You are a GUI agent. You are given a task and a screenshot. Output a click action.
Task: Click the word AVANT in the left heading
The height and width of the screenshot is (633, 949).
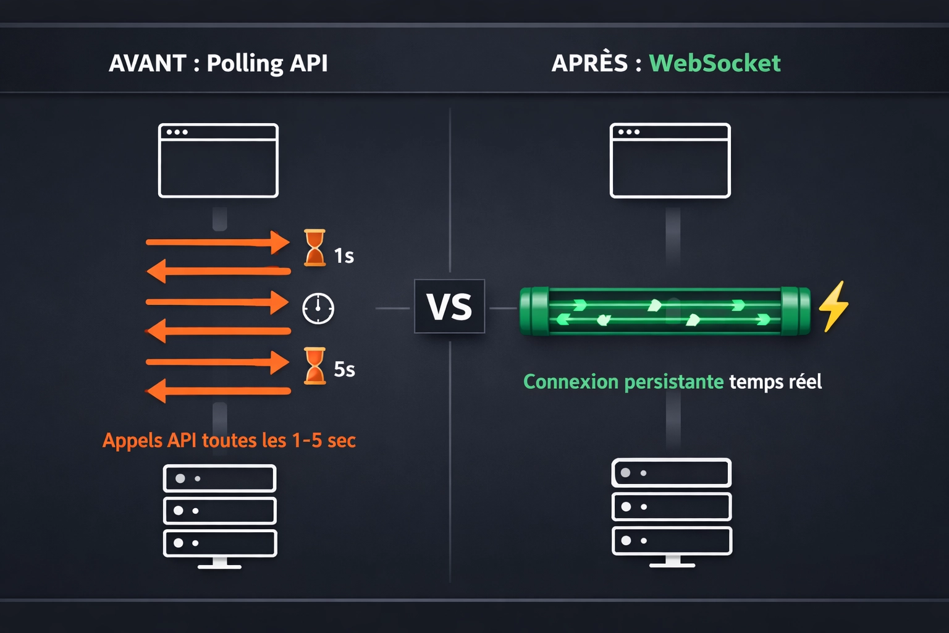tap(147, 63)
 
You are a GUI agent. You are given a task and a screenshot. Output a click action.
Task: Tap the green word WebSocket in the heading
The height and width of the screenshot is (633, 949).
tap(715, 63)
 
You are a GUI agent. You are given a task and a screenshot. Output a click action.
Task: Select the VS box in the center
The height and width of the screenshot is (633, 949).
tap(449, 307)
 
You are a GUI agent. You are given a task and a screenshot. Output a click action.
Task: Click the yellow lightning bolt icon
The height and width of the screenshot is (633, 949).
tap(833, 307)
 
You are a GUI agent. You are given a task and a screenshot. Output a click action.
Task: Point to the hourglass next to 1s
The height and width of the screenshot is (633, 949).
tap(314, 248)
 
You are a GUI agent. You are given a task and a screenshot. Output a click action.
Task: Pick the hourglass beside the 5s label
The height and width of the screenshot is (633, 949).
tap(314, 366)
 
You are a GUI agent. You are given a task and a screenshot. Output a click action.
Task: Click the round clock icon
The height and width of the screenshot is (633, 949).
tap(318, 308)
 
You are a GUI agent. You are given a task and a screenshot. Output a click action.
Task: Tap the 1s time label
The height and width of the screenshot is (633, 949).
tap(344, 255)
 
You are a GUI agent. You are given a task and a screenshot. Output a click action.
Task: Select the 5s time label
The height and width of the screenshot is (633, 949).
tap(344, 369)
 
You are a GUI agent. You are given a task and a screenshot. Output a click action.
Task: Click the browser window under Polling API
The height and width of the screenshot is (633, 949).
tap(218, 161)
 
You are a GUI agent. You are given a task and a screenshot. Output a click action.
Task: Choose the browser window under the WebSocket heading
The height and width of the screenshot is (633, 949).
tap(670, 161)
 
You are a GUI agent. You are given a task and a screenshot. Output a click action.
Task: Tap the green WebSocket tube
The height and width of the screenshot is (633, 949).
tap(665, 312)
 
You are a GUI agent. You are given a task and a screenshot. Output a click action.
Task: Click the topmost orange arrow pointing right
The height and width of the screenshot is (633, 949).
tap(217, 242)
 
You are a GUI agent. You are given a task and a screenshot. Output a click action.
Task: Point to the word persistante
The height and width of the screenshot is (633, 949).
tap(673, 382)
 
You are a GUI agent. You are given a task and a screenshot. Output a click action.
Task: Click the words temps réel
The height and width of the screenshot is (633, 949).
tap(775, 382)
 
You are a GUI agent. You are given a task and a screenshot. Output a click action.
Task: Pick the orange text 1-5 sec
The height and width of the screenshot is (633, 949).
tap(324, 440)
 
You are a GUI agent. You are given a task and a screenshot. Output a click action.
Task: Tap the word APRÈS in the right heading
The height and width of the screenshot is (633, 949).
tap(589, 63)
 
